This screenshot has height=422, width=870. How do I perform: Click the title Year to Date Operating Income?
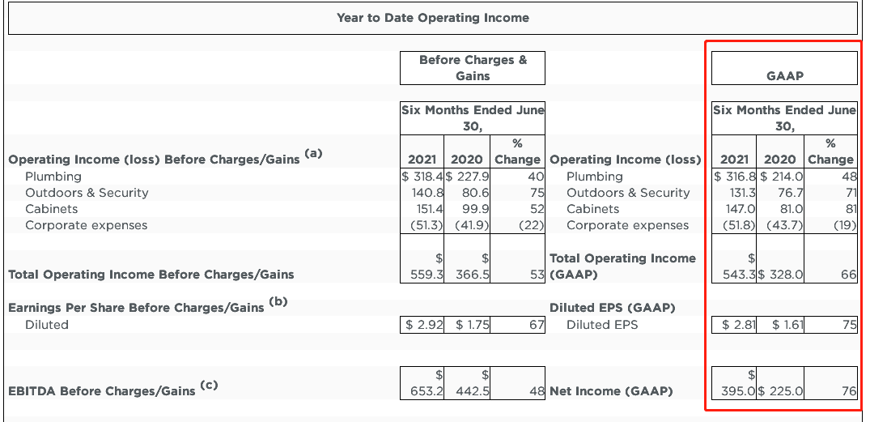point(432,18)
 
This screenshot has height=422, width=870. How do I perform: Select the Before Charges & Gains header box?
point(472,67)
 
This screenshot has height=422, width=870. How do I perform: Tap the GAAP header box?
point(784,76)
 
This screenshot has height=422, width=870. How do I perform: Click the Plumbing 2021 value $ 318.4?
point(420,177)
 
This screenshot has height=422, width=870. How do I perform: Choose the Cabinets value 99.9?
point(474,209)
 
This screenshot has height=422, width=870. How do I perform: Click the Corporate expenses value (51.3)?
point(422,225)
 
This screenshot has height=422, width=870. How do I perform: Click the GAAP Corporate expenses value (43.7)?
point(784,225)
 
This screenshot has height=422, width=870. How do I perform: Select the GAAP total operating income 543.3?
point(738,275)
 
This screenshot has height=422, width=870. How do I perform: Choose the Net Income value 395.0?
point(738,391)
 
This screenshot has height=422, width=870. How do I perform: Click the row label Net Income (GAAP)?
point(611,391)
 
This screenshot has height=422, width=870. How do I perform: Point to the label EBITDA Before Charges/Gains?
point(101,391)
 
